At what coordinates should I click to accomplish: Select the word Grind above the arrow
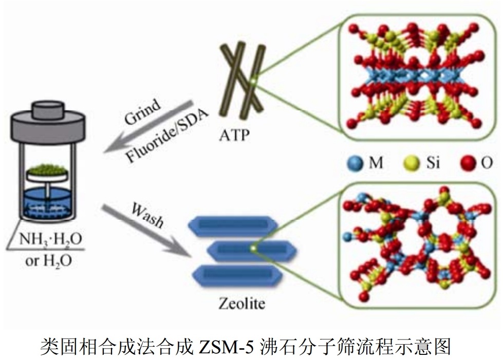(143, 111)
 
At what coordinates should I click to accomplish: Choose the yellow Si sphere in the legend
(408, 163)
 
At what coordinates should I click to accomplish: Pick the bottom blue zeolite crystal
(234, 275)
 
